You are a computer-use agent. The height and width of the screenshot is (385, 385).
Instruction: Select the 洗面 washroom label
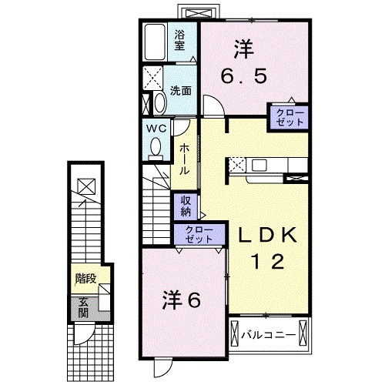point(182,89)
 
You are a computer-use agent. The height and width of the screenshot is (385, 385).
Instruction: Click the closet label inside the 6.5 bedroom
point(289,117)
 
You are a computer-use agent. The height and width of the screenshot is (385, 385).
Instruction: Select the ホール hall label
point(185,157)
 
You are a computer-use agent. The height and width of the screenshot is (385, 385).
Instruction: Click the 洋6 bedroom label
point(182,300)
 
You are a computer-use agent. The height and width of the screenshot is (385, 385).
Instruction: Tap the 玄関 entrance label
point(82,306)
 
